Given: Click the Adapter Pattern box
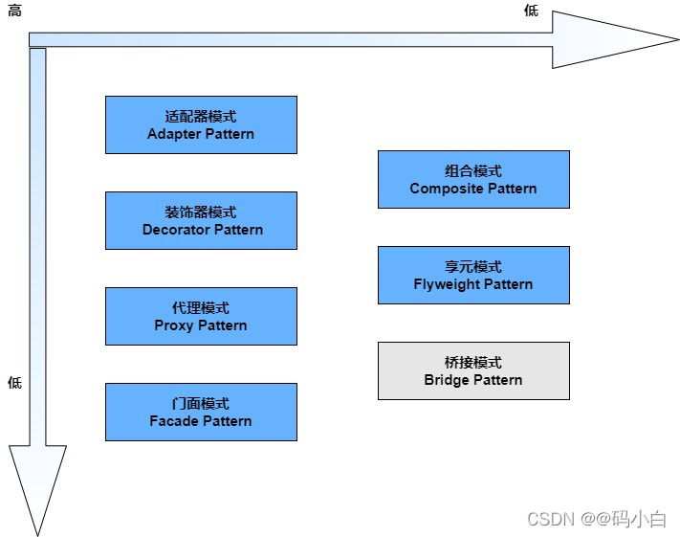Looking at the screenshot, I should pos(201,124).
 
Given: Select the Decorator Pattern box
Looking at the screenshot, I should pos(201,220).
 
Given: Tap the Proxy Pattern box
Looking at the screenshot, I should pos(201,316).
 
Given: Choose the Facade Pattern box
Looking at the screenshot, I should pos(201,412).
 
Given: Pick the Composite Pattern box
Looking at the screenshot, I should pos(473,179).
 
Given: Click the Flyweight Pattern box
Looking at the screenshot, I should pos(473,275).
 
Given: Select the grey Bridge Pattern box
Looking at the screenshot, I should pos(473,370).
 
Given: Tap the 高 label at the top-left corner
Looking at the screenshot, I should pos(14,11).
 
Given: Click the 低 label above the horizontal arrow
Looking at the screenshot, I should pos(531,11).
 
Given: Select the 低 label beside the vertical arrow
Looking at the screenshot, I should pos(14,383).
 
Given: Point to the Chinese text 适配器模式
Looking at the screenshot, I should pos(201,117).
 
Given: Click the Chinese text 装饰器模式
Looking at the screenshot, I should pos(201,213).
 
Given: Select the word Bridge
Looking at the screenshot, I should pos(448,380).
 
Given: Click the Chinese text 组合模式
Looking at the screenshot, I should pos(473,171).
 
